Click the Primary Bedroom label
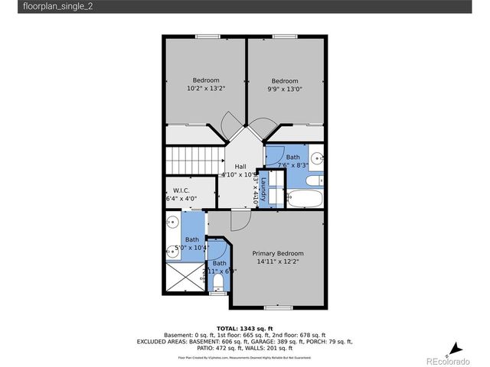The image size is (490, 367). [x=278, y=254]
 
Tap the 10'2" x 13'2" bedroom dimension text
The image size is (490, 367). [x=206, y=89]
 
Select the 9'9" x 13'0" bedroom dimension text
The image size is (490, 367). [x=285, y=89]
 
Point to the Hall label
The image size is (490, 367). [x=240, y=167]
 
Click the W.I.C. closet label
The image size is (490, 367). [x=181, y=190]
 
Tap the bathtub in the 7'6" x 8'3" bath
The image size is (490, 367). [x=306, y=199]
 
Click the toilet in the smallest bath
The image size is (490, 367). [x=217, y=284]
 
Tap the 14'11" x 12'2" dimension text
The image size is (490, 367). [x=278, y=261]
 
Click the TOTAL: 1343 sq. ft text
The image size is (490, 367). [x=244, y=327]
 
